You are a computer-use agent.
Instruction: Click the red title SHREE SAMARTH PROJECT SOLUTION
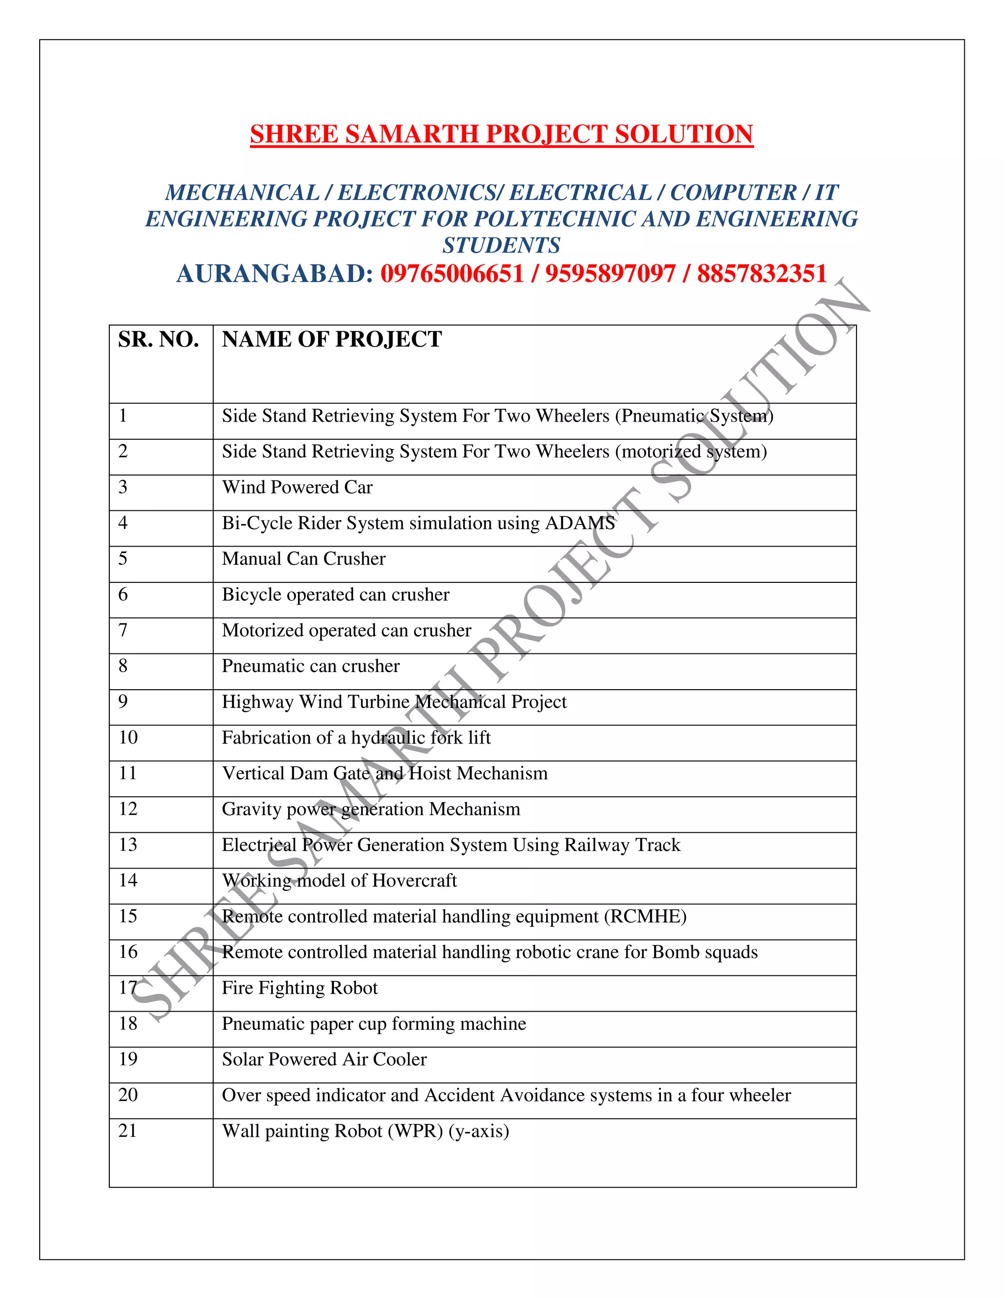pos(502,134)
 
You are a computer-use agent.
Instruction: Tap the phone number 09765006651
pos(452,274)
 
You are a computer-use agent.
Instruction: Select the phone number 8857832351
pos(762,274)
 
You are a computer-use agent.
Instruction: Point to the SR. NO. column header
pos(158,340)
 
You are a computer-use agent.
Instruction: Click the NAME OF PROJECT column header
pos(332,340)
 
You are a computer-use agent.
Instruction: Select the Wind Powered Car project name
pos(297,487)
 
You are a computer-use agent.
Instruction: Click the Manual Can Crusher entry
pos(303,559)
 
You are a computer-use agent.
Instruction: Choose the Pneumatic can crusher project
pos(310,666)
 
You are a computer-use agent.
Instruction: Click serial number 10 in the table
pos(128,738)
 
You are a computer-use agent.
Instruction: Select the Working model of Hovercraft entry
pos(339,880)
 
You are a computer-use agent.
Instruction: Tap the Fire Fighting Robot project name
pos(300,988)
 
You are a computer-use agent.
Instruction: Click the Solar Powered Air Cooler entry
pos(324,1059)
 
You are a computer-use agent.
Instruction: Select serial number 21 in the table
pos(128,1131)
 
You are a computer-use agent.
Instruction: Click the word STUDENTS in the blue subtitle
pos(502,246)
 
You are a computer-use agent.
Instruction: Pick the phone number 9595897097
pos(610,274)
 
